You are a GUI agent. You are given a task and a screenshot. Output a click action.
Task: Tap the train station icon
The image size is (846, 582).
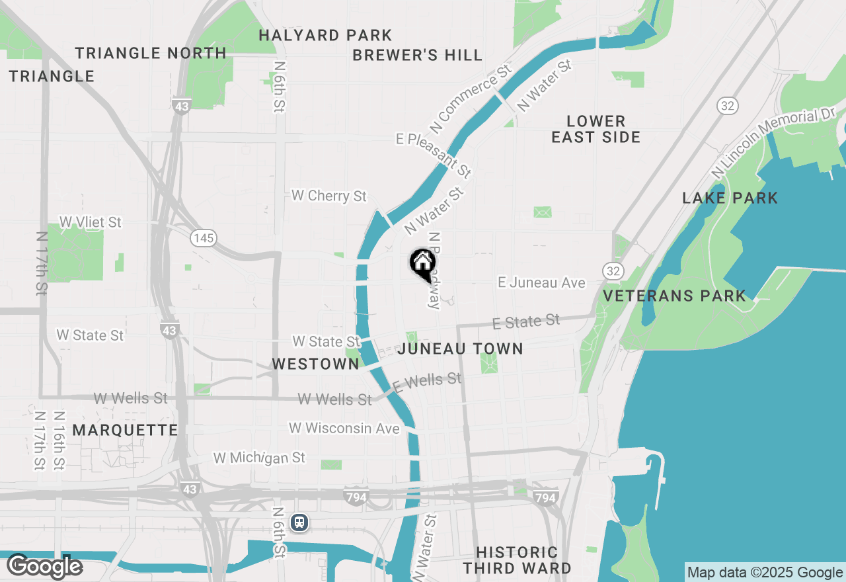pyautogui.click(x=299, y=522)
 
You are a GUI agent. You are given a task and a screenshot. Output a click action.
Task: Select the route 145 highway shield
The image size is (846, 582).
pyautogui.click(x=204, y=238)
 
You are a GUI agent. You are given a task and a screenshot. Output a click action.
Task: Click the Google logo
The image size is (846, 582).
pyautogui.click(x=44, y=567)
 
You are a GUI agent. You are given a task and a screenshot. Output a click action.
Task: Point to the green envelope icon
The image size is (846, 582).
pyautogui.click(x=543, y=212)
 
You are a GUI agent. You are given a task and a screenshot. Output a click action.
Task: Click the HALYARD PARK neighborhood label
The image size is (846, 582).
pyautogui.click(x=325, y=35)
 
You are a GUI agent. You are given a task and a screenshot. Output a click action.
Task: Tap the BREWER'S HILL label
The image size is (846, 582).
pyautogui.click(x=417, y=55)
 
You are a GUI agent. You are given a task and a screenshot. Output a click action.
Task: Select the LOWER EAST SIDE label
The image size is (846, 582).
pyautogui.click(x=596, y=129)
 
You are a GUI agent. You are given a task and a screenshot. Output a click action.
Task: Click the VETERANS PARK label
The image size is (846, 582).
pyautogui.click(x=675, y=296)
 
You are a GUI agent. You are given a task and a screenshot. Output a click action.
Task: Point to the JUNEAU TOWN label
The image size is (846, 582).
pyautogui.click(x=461, y=349)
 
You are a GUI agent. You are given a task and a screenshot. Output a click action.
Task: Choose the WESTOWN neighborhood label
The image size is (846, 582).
pyautogui.click(x=316, y=364)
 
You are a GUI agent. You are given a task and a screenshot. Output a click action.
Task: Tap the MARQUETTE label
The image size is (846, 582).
pyautogui.click(x=126, y=430)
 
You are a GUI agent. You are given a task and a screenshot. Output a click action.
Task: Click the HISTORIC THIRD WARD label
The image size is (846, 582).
pyautogui.click(x=517, y=560)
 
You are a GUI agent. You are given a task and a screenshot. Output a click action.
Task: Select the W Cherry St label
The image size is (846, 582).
pyautogui.click(x=329, y=196)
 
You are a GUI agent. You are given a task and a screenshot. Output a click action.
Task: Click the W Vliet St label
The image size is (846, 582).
pyautogui.click(x=91, y=222)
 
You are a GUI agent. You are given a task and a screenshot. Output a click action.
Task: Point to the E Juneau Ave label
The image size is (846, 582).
pyautogui.click(x=541, y=282)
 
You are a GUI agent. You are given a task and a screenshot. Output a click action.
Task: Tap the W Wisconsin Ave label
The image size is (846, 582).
pyautogui.click(x=344, y=429)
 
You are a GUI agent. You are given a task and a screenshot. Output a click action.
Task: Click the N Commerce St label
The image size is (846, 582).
pyautogui.click(x=471, y=97)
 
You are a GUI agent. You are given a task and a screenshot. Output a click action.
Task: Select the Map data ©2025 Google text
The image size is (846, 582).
pyautogui.click(x=765, y=573)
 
